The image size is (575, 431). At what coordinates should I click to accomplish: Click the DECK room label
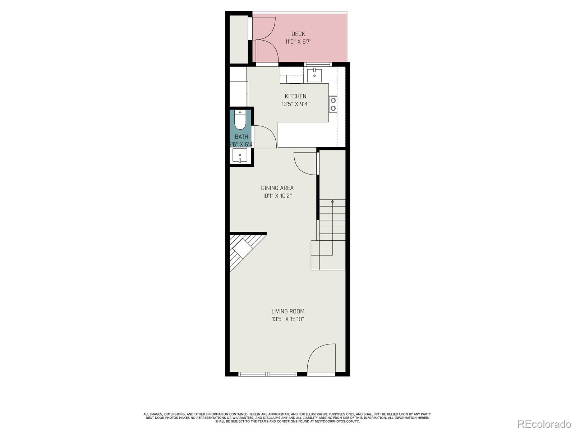click(298, 34)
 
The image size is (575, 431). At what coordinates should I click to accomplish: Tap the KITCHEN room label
click(295, 96)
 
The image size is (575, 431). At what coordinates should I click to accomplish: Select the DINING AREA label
click(277, 187)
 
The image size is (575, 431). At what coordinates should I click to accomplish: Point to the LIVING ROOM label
click(288, 311)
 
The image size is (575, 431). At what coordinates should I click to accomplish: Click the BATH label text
click(241, 136)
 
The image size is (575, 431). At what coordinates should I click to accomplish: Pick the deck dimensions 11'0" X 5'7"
click(298, 42)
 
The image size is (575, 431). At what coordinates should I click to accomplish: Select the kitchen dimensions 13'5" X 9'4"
click(295, 104)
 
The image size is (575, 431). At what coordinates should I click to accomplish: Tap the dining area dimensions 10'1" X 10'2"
click(277, 195)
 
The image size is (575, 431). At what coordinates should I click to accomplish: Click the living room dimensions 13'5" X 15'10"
click(288, 319)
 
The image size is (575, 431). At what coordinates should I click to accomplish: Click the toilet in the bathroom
click(240, 120)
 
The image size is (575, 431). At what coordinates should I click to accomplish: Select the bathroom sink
click(240, 156)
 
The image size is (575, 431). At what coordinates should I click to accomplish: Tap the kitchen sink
click(314, 75)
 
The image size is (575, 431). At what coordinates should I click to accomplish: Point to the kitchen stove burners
click(333, 104)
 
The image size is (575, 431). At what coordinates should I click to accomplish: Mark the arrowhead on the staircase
click(332, 201)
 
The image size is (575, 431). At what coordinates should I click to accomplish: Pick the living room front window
click(268, 374)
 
